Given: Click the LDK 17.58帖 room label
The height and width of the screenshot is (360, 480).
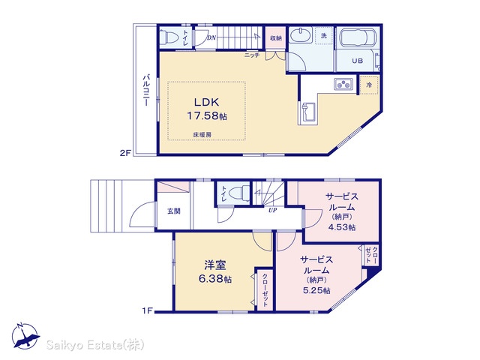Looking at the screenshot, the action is [x=207, y=109].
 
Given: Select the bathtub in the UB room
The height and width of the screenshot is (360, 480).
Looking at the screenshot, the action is [x=356, y=38].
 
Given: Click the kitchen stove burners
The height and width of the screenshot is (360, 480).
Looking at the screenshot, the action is [x=343, y=84].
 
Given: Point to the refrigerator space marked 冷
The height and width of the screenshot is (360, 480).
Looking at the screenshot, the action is [x=369, y=85].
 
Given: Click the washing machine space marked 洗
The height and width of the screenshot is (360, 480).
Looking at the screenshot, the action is [x=323, y=35].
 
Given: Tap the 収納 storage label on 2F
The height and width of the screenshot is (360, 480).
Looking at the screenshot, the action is [x=276, y=38].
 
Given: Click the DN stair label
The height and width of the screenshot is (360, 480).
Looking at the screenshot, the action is [x=211, y=38].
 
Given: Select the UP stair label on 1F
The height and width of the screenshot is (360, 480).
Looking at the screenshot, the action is [x=273, y=210].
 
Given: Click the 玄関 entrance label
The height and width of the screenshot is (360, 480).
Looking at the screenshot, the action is [x=174, y=211].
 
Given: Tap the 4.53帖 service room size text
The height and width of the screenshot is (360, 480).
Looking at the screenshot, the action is [x=342, y=227].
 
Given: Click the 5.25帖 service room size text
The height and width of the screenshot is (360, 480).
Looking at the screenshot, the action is [x=316, y=290].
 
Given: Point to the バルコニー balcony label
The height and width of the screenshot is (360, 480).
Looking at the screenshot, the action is [x=146, y=90].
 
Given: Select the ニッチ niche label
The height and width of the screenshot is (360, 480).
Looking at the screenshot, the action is [x=252, y=55].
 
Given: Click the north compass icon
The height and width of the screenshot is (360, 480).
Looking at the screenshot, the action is [x=25, y=336].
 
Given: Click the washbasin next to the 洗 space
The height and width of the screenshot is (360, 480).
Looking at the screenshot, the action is [x=301, y=36].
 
